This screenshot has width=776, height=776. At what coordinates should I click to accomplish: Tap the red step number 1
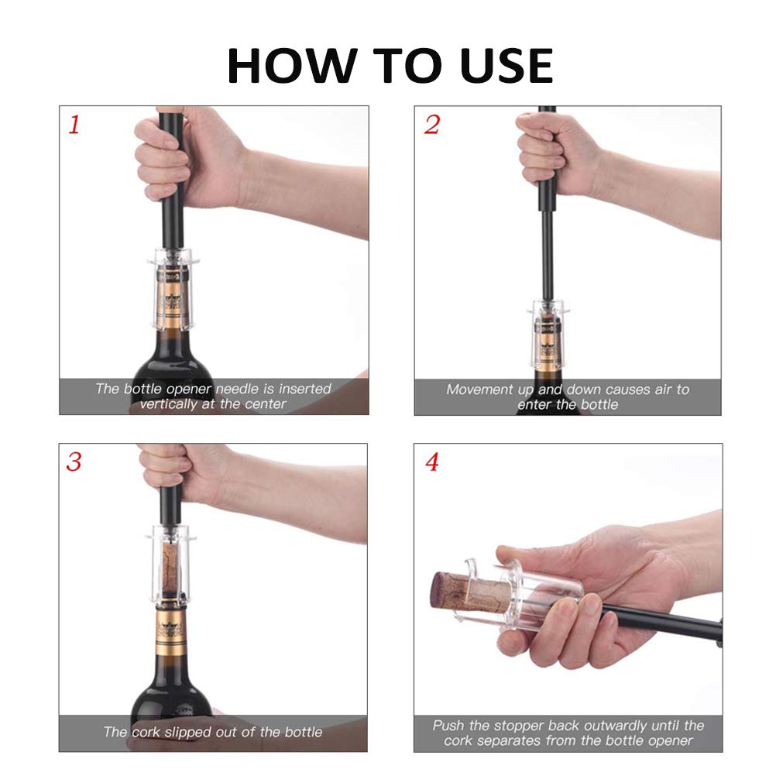[74, 125]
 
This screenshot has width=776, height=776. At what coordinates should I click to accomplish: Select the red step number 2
[431, 125]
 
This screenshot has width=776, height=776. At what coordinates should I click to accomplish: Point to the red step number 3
[74, 462]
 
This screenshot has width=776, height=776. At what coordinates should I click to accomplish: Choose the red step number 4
[432, 462]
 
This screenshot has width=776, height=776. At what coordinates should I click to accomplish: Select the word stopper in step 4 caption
[512, 726]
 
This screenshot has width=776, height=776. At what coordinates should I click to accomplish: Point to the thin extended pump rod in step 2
[547, 256]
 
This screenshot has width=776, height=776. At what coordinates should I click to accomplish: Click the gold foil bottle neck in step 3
[172, 627]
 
